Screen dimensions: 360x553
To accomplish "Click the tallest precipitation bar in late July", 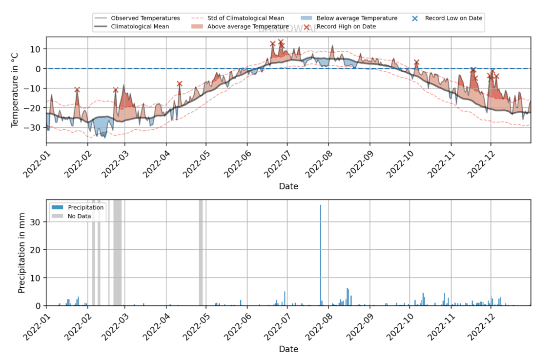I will click(x=320, y=254).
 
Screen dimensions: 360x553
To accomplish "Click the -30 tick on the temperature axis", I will click(x=37, y=127).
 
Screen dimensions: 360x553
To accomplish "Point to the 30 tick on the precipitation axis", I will click(x=37, y=222).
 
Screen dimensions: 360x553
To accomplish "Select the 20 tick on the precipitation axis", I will click(x=37, y=250).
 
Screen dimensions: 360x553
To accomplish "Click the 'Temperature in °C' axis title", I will click(x=15, y=90).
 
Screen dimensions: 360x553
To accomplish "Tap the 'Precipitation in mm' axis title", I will click(x=21, y=253).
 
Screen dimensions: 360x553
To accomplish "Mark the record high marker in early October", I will click(x=416, y=62).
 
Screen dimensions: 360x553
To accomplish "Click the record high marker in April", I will click(x=180, y=84).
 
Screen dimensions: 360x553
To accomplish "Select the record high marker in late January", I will click(x=77, y=90).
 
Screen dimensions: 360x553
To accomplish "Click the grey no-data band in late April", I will click(x=201, y=253).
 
